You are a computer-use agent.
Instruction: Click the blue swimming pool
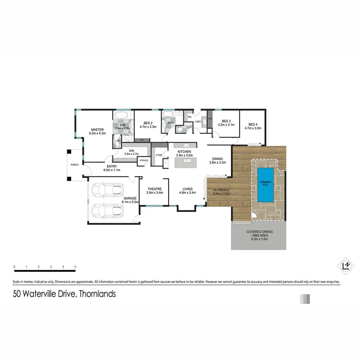pyautogui.click(x=265, y=185)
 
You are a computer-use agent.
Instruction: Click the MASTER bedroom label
pyautogui.click(x=97, y=130)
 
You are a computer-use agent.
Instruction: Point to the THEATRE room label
pyautogui.click(x=154, y=189)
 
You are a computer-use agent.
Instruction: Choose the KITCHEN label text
pyautogui.click(x=184, y=152)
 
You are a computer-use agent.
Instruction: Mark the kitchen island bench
pyautogui.click(x=186, y=161)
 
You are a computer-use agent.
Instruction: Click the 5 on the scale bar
pyautogui.click(x=75, y=266)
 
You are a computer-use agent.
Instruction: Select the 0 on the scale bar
pyautogui.click(x=14, y=266)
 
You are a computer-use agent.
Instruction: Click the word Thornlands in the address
pyautogui.click(x=97, y=294)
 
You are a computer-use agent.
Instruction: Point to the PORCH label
pyautogui.click(x=74, y=165)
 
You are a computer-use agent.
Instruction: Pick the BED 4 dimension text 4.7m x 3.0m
pyautogui.click(x=253, y=128)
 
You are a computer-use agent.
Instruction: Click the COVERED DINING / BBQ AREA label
pyautogui.click(x=259, y=234)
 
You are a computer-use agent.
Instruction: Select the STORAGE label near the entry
pyautogui.click(x=143, y=160)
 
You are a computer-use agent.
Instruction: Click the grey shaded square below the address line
pyautogui.click(x=305, y=299)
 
